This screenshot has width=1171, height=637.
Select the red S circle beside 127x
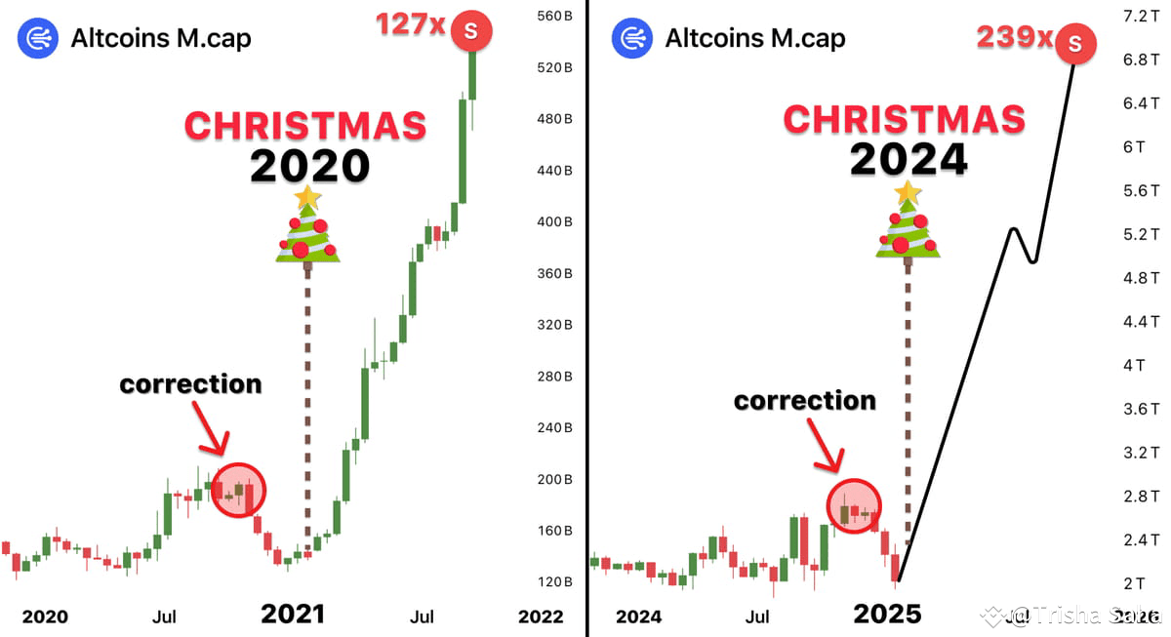471,30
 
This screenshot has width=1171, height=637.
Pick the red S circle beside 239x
1074,43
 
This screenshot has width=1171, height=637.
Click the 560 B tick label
553,16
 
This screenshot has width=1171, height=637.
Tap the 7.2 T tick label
1141,16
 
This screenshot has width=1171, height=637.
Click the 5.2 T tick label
1141,234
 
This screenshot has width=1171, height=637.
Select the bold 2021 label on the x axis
292,614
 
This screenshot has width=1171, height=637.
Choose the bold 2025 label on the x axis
887,614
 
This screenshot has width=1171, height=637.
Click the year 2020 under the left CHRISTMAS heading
309,165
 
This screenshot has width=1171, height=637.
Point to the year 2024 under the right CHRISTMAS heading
909,158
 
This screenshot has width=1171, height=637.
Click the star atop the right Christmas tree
909,192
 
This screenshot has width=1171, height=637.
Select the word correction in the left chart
190,384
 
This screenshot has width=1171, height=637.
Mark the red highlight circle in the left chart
238,490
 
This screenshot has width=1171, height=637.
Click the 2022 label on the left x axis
541,617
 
